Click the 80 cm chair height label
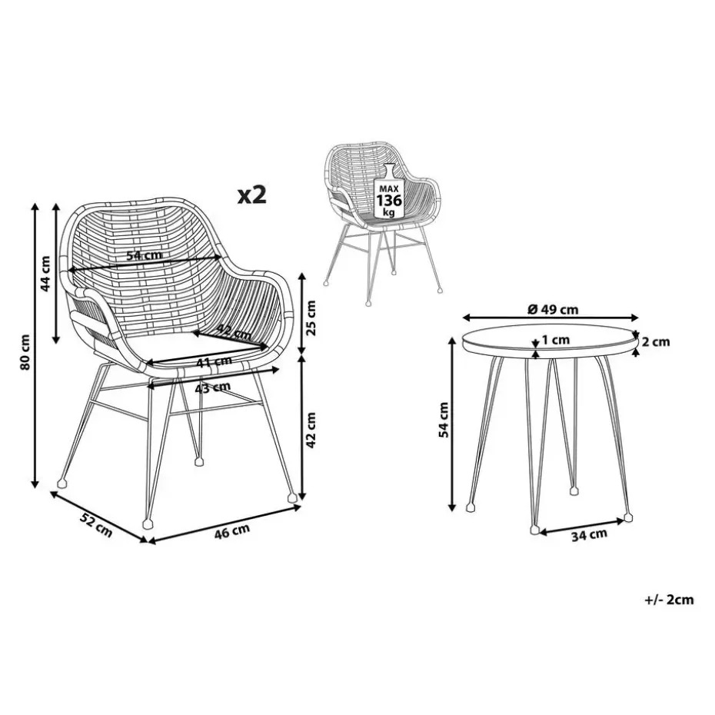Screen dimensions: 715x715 (x=25, y=352)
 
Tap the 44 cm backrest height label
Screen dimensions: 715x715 (x=45, y=274)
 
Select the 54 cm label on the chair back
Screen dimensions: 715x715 (x=145, y=255)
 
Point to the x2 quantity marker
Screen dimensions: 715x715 (x=251, y=195)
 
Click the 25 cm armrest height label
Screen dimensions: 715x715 (x=311, y=318)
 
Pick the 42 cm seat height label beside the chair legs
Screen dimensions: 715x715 (x=311, y=430)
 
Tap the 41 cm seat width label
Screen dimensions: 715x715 (x=214, y=363)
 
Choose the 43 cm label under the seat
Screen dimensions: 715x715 (x=212, y=388)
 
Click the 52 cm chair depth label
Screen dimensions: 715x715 (x=96, y=524)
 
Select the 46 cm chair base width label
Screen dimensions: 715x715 (x=232, y=532)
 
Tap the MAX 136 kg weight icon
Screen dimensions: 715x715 (x=388, y=191)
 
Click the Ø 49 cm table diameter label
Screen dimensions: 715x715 (x=553, y=310)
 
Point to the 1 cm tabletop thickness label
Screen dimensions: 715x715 (x=556, y=340)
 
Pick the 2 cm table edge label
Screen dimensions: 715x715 (x=656, y=341)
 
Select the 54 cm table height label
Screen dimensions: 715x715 (x=444, y=420)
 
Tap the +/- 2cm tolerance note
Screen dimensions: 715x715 (x=669, y=600)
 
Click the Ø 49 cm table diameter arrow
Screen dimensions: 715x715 (x=550, y=318)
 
